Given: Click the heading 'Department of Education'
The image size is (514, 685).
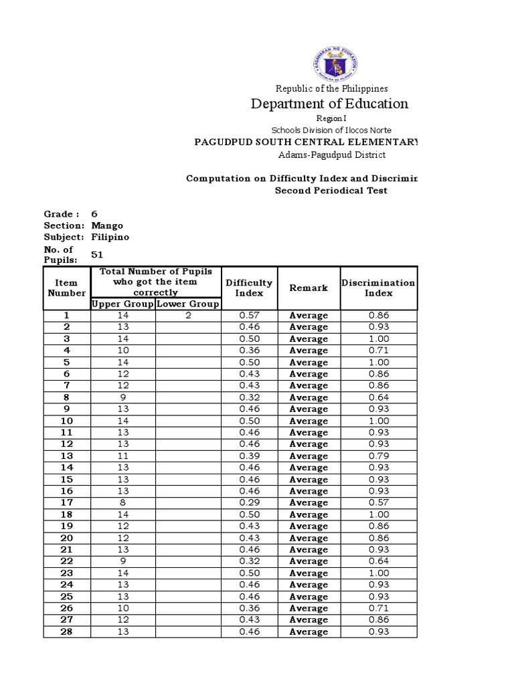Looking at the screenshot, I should click(x=329, y=104).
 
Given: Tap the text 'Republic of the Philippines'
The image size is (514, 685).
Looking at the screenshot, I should click(x=332, y=88).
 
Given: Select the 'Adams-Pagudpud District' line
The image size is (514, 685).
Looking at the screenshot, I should click(x=332, y=155).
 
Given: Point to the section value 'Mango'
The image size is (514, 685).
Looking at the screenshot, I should click(x=107, y=225).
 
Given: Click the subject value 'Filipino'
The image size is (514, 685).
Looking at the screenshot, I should click(x=110, y=237).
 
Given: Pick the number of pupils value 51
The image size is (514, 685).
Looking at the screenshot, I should click(x=97, y=254).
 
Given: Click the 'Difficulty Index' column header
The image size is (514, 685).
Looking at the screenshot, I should click(x=249, y=288).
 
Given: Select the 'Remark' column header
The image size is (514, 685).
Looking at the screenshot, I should click(x=309, y=288).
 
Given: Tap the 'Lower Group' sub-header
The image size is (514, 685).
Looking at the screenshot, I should click(x=188, y=304).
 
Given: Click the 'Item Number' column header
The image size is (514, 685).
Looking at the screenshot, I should click(x=66, y=288).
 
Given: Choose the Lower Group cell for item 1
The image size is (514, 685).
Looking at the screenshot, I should click(x=188, y=316).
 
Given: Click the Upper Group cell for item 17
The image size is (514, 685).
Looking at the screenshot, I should click(x=122, y=502).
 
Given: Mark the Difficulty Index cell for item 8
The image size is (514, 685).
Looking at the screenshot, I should click(x=249, y=397).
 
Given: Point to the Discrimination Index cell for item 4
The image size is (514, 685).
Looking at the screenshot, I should click(x=378, y=351).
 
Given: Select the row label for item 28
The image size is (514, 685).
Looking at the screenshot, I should click(x=66, y=631).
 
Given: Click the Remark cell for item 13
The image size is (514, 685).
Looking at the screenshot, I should click(x=309, y=456).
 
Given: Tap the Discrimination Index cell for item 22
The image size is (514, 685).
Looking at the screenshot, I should click(x=378, y=561).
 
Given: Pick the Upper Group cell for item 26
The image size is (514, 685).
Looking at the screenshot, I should click(x=122, y=608).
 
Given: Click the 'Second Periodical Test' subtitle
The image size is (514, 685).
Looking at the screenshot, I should click(x=331, y=191).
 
